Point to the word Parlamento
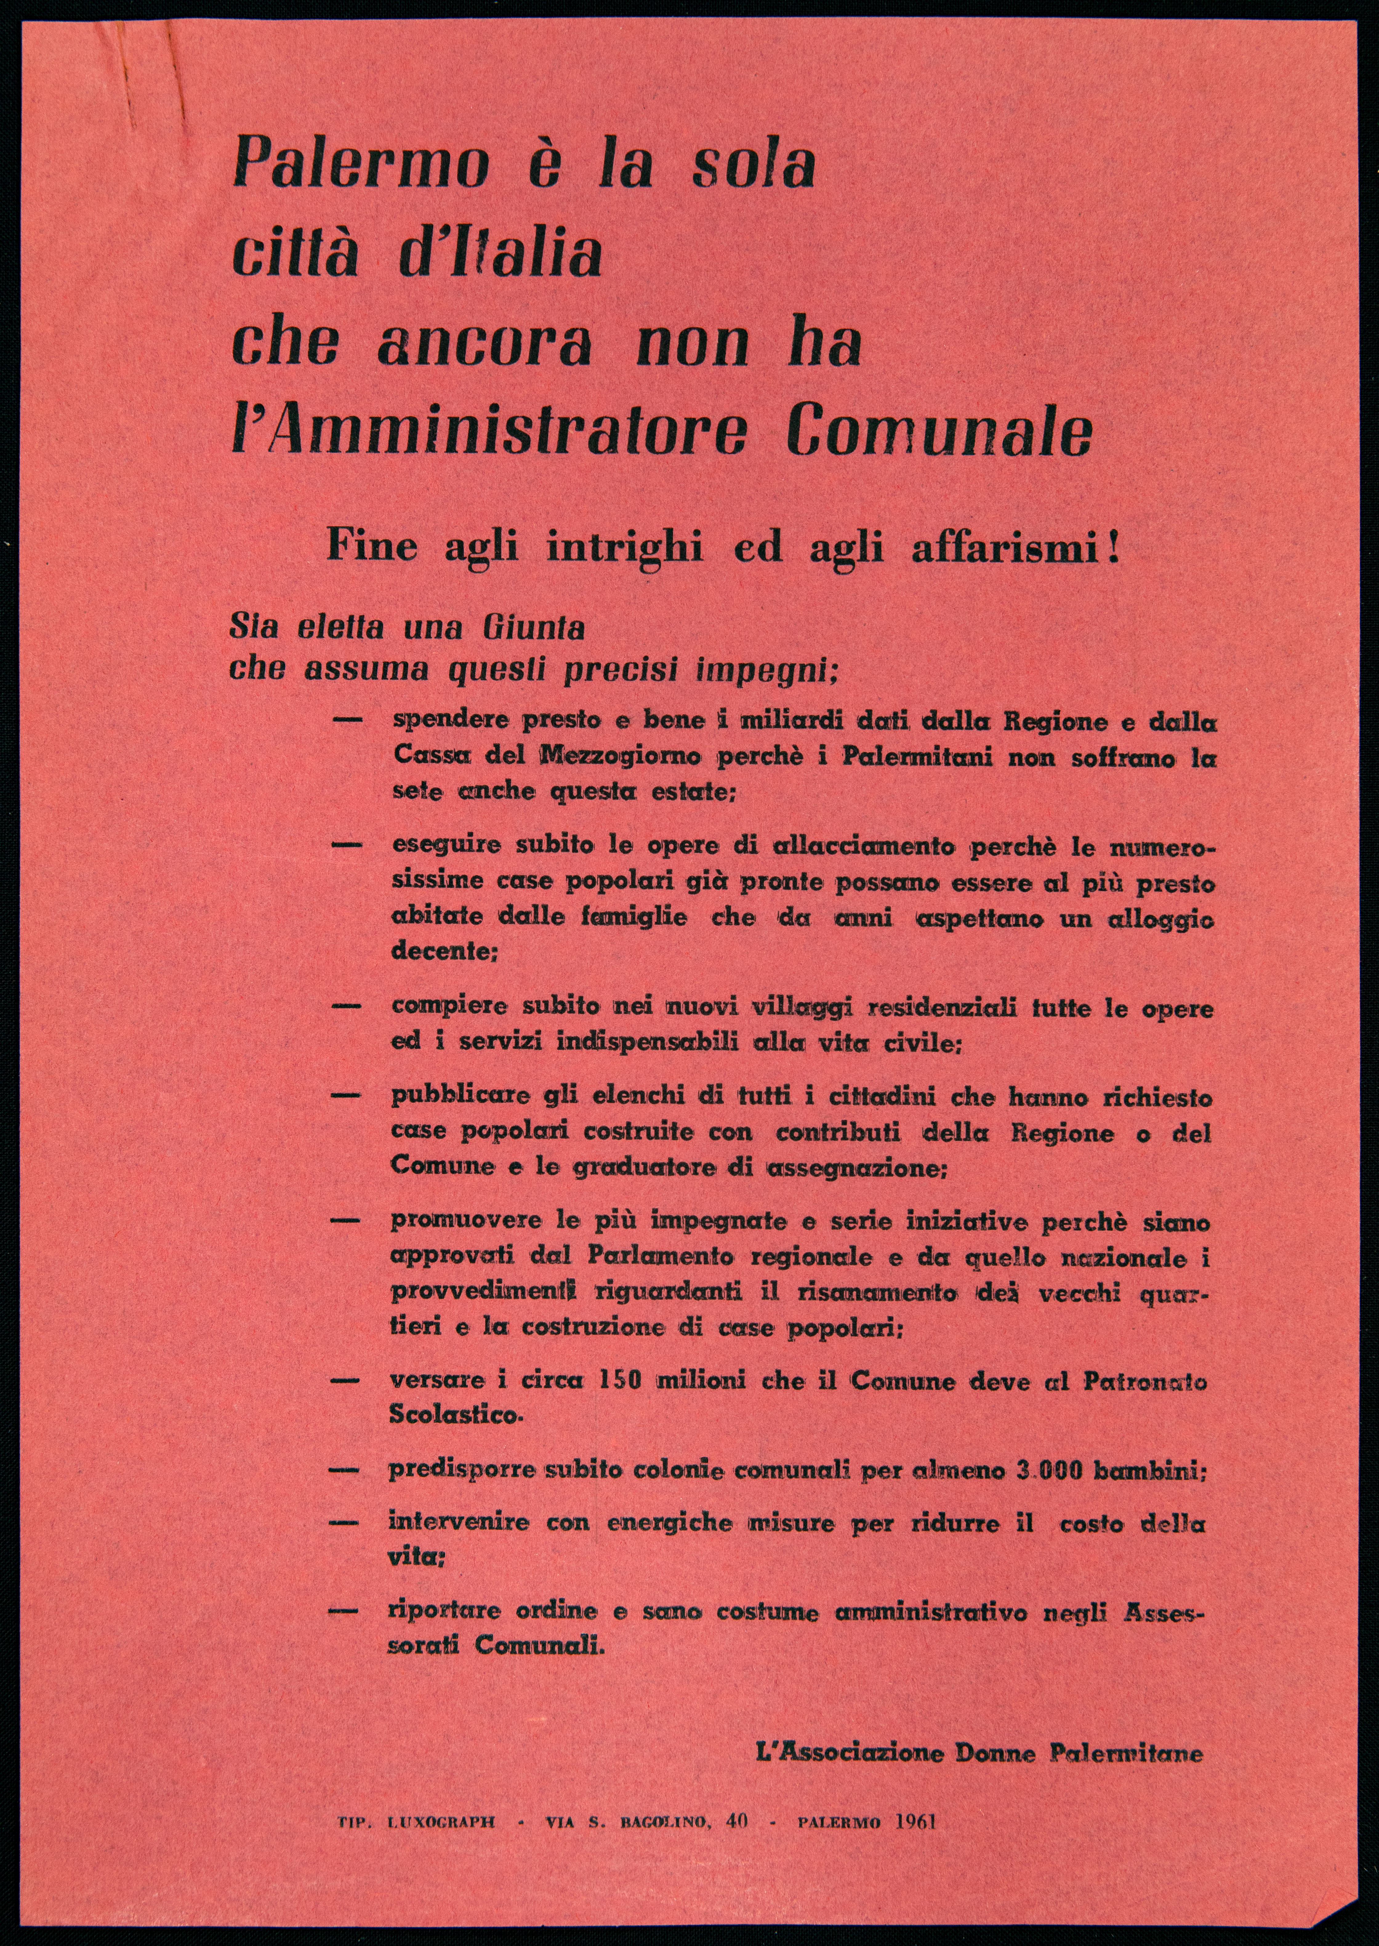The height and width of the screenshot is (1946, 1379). point(665,1256)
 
